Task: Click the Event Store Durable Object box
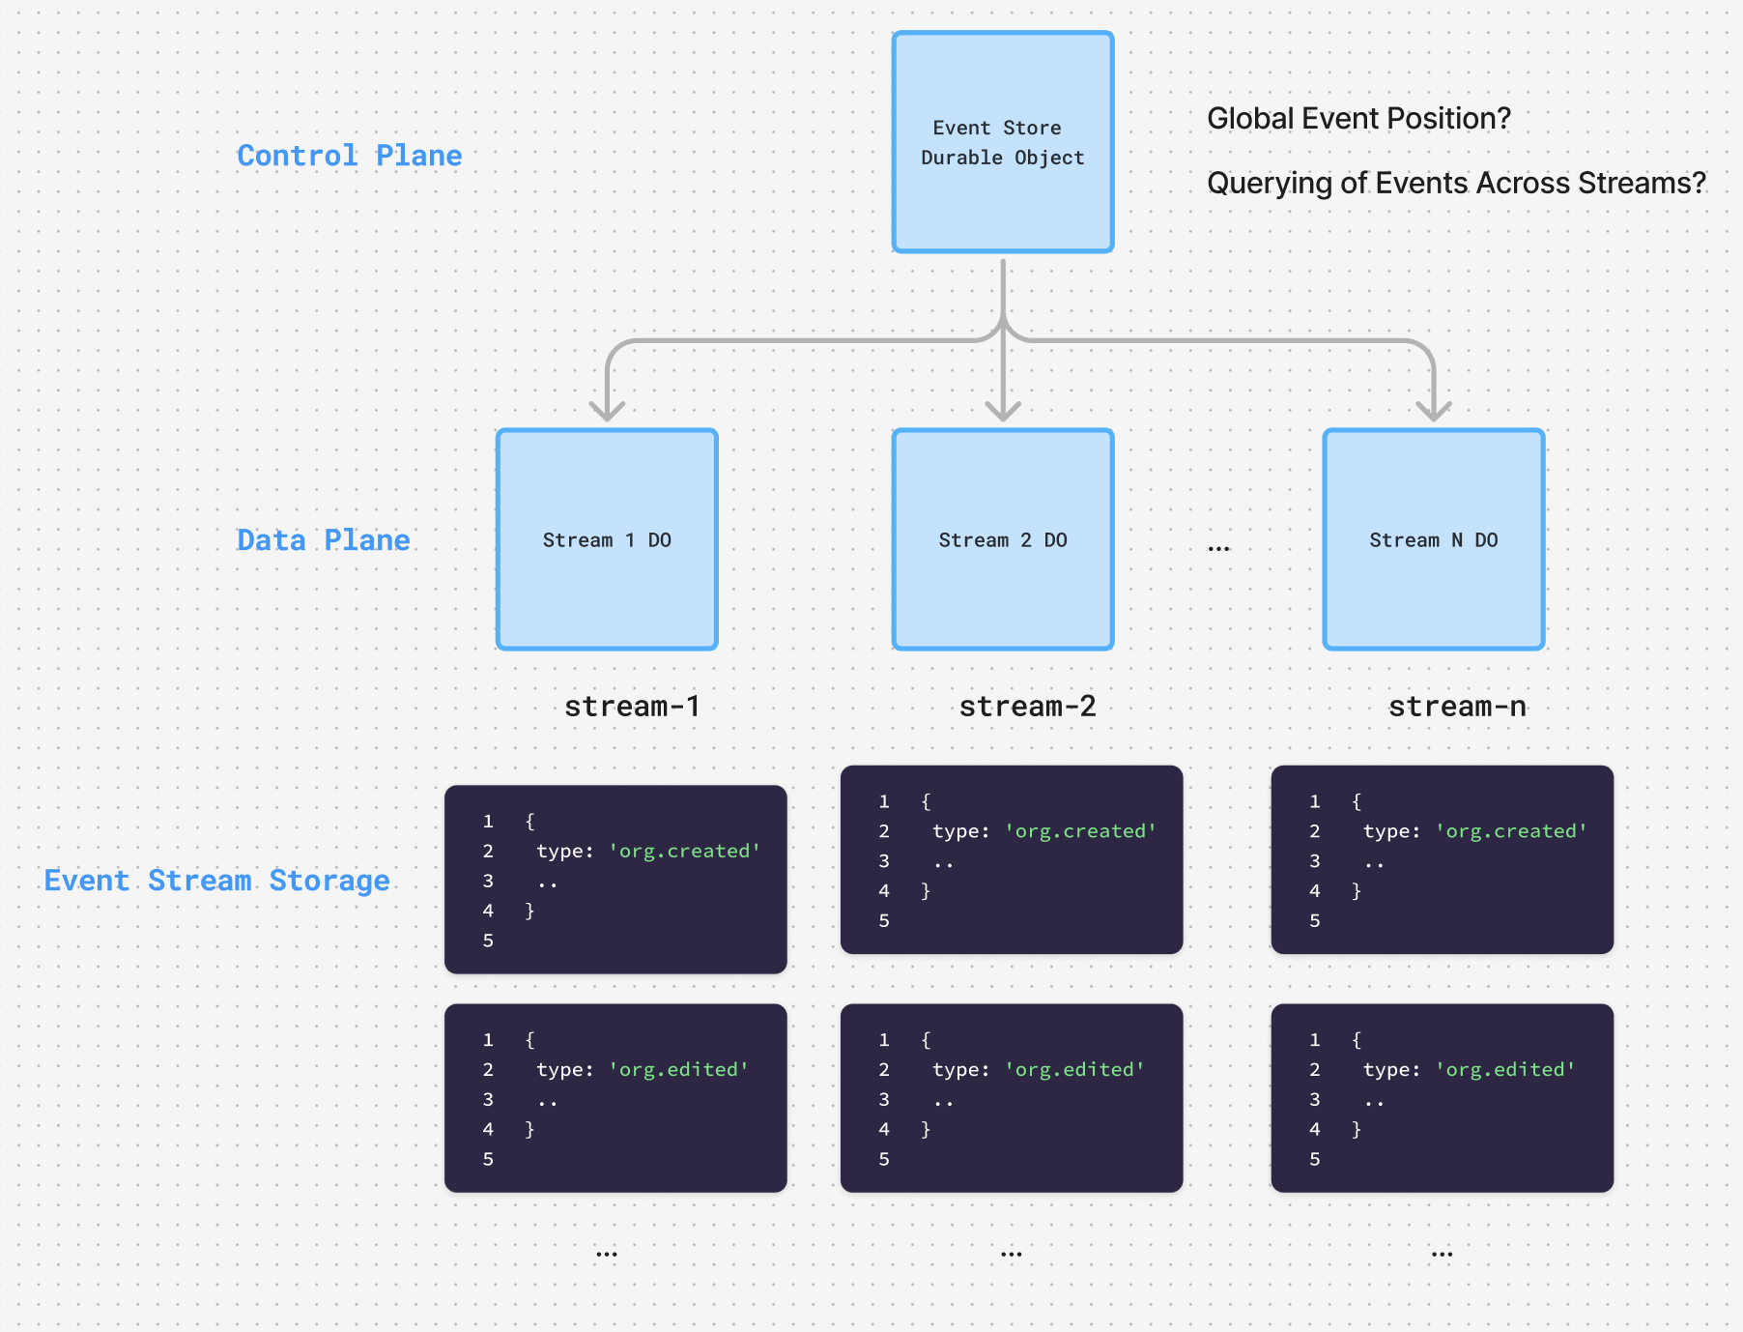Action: [x=1003, y=142]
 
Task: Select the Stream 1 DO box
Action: [x=607, y=539]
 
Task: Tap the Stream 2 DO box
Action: [x=1003, y=539]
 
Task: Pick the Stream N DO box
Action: [x=1434, y=539]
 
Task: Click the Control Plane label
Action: [x=350, y=156]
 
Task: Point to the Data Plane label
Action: [x=324, y=539]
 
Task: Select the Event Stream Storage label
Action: [x=217, y=881]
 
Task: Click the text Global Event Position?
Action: [x=1358, y=118]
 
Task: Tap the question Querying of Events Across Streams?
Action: [x=1456, y=183]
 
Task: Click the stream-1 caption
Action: [x=632, y=707]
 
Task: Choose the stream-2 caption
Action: [x=1027, y=707]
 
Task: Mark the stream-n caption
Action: [x=1457, y=707]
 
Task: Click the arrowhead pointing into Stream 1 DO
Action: [x=607, y=412]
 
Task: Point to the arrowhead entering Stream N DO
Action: [x=1434, y=412]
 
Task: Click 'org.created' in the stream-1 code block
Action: [x=684, y=851]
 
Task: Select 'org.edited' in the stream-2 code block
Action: [x=1074, y=1069]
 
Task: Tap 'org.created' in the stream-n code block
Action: [x=1511, y=831]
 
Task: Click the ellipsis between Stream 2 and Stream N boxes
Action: [x=1218, y=548]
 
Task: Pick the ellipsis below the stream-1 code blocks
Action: [x=607, y=1254]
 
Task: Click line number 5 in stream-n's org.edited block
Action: [x=1314, y=1158]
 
